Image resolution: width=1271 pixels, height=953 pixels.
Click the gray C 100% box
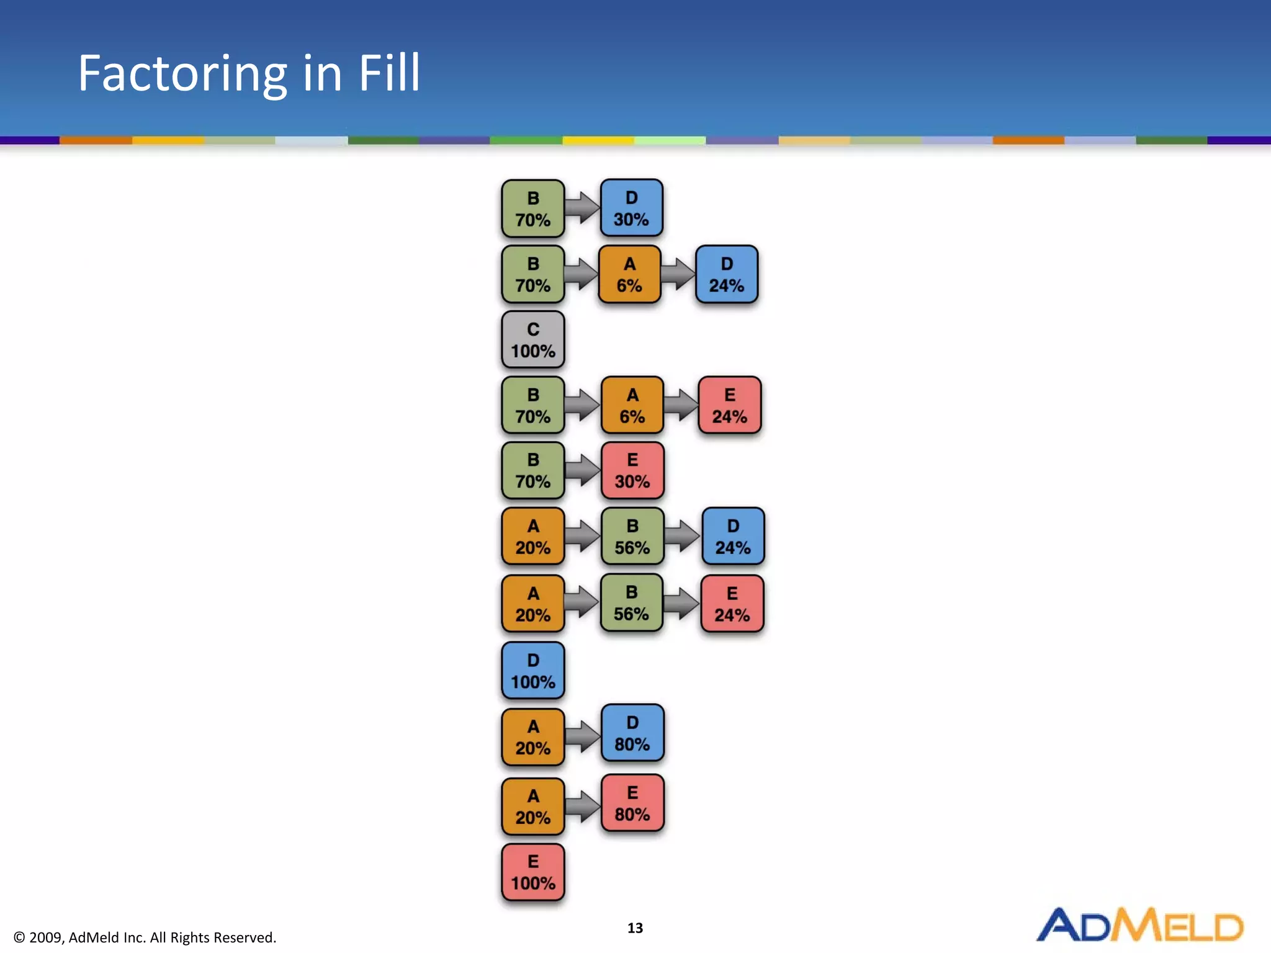(x=532, y=340)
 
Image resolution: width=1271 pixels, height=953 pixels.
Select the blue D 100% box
(x=532, y=671)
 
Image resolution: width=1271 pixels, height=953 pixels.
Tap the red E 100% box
(x=532, y=872)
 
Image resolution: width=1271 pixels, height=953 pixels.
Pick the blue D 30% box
(x=631, y=208)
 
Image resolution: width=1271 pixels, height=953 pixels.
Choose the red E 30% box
(x=632, y=471)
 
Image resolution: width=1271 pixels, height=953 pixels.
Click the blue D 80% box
(x=632, y=733)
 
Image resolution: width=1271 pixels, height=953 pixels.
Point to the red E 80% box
(x=632, y=803)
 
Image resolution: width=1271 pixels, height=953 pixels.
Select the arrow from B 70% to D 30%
(x=582, y=208)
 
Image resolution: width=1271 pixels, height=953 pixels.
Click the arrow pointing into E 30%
(x=582, y=470)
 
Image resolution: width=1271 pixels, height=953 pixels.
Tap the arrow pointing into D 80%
(x=582, y=736)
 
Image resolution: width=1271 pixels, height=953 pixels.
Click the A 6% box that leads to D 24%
(x=629, y=274)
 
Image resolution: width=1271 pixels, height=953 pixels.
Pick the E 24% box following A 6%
(x=729, y=405)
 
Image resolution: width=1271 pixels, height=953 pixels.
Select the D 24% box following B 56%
(x=733, y=536)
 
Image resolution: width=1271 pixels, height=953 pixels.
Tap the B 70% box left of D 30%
(x=532, y=208)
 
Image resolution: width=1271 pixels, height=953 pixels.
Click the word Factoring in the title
(x=182, y=74)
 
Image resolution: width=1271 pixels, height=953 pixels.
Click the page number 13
(x=635, y=928)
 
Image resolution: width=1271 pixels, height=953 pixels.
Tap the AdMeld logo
(x=1139, y=926)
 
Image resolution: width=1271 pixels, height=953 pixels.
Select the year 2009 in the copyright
(x=45, y=937)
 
